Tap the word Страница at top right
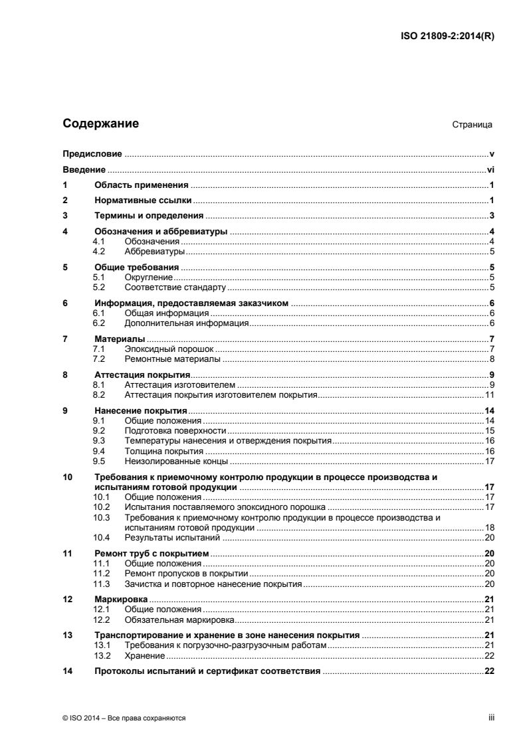point(472,125)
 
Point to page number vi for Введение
point(491,169)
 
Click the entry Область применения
point(142,185)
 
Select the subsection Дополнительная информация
point(186,323)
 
